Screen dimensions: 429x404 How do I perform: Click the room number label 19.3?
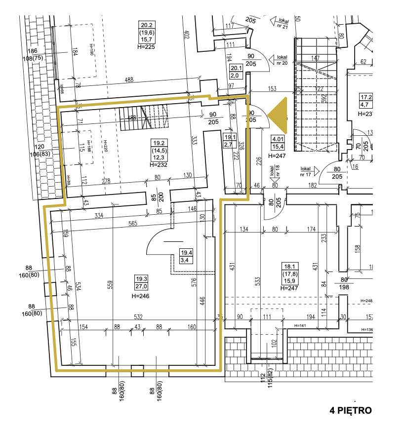[x=142, y=278]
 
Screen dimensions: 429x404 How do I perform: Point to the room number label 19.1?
[x=229, y=137]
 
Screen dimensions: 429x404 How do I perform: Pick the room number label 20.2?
[x=146, y=26]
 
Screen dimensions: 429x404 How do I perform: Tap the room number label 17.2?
[x=366, y=97]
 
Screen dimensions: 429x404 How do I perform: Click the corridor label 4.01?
[x=277, y=139]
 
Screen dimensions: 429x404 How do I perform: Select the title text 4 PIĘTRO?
[x=351, y=410]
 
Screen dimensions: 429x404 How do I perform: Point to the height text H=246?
[x=141, y=296]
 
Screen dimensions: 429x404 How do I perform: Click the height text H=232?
[x=158, y=164]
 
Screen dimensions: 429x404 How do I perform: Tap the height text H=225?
[x=146, y=47]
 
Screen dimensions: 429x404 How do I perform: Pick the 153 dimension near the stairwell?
[x=272, y=89]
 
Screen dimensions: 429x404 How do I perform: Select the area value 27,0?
[x=142, y=285]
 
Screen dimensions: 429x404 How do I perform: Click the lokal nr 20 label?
[x=283, y=60]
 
